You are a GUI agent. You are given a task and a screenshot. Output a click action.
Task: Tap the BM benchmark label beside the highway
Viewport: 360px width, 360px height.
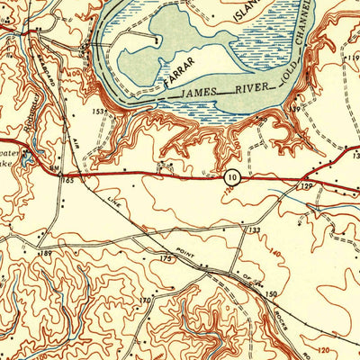pyautogui.click(x=56, y=168)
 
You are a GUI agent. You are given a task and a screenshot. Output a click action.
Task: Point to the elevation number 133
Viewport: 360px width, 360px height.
pyautogui.click(x=257, y=231)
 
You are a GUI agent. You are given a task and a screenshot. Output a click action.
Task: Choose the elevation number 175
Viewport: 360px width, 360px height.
pyautogui.click(x=164, y=259)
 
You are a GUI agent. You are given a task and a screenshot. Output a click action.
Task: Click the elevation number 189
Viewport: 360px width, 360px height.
pyautogui.click(x=47, y=256)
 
